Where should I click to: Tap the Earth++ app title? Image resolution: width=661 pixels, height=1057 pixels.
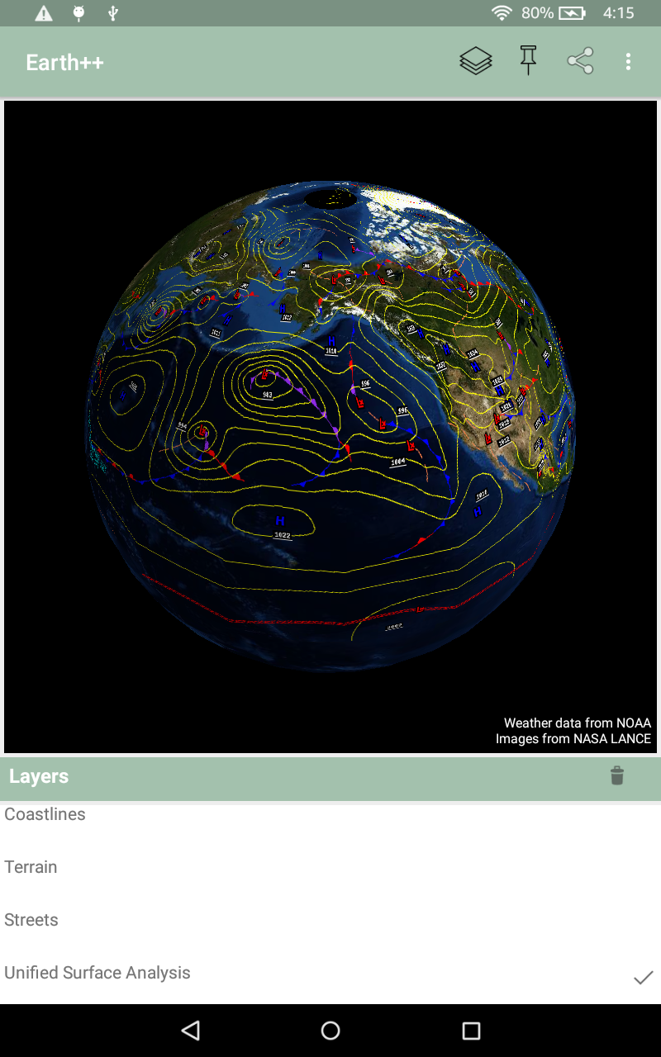coord(64,63)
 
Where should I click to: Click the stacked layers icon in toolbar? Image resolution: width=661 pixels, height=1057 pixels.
coord(476,61)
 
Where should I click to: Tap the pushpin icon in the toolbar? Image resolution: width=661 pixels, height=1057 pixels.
coord(529,61)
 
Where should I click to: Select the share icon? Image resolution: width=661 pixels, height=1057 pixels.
coord(580,61)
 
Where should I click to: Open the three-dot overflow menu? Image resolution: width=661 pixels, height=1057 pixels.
coord(629,61)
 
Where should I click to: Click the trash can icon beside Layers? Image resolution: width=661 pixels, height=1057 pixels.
coord(617,775)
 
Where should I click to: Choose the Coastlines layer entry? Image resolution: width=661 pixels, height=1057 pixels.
coord(45,814)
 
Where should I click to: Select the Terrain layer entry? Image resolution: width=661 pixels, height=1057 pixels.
coord(31,867)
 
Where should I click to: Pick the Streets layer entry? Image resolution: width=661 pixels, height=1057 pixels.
coord(31,920)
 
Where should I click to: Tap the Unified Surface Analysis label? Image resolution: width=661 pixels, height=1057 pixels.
coord(97,973)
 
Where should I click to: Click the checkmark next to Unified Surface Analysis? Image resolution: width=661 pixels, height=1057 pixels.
coord(643,978)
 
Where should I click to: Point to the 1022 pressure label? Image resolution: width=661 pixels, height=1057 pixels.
coord(283,535)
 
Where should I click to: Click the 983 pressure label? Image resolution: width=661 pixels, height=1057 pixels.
coord(268,395)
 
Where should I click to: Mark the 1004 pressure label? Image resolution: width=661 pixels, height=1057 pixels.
coord(397,462)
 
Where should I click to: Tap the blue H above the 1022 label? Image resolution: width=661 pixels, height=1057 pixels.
coord(280,521)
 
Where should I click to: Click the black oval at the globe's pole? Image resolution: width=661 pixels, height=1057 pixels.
coord(330,198)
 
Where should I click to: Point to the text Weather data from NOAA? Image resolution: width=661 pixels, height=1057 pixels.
coord(577,723)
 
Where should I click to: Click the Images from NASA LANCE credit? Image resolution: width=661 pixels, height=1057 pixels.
coord(573,738)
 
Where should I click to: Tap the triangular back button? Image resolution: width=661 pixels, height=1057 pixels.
coord(191,1030)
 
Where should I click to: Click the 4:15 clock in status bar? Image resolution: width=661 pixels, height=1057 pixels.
coord(618,12)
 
